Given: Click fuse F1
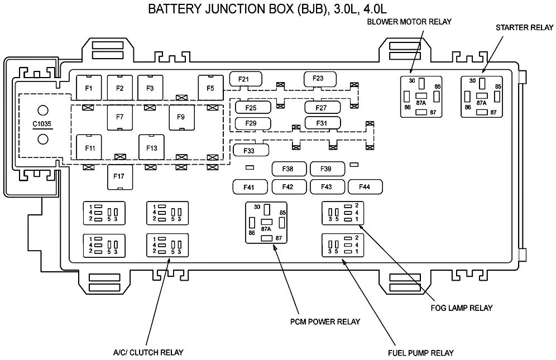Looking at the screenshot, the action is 89,88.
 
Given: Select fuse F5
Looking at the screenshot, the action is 210,88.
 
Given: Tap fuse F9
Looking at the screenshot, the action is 181,117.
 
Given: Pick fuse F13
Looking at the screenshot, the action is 151,147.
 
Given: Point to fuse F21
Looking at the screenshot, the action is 246,79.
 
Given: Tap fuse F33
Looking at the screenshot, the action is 251,150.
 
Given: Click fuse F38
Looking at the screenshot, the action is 289,169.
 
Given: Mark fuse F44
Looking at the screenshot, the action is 365,186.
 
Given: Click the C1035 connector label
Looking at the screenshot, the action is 42,124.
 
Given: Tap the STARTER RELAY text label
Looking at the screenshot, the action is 524,28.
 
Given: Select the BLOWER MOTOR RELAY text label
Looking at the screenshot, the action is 409,22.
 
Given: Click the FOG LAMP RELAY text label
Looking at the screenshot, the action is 462,308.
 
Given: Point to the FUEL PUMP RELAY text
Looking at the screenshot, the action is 421,353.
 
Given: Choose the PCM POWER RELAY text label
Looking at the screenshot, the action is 325,321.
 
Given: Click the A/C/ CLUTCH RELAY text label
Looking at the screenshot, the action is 148,353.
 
